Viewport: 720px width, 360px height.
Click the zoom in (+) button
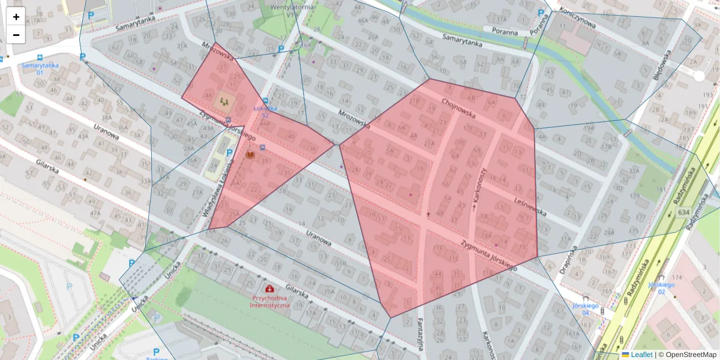click(x=16, y=17)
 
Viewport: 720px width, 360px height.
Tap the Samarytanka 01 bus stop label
click(x=32, y=68)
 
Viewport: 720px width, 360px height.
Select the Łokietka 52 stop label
click(x=265, y=112)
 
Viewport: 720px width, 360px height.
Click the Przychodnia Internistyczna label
click(x=270, y=301)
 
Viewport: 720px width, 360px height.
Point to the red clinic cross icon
click(x=269, y=289)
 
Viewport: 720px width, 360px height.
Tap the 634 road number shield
click(x=683, y=212)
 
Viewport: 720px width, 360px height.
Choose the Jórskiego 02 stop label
click(x=662, y=288)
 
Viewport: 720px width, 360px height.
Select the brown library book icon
click(x=250, y=155)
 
